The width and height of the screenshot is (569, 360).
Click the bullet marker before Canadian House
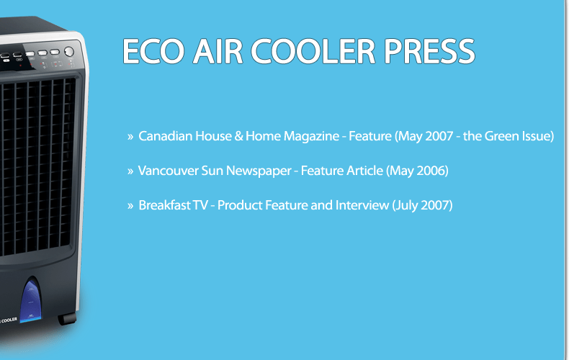point(130,136)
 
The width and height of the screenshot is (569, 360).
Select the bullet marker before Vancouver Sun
point(130,171)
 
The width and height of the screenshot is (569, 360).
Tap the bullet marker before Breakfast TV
point(130,206)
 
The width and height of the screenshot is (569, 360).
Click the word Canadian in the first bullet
point(163,136)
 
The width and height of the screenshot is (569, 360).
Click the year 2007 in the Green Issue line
point(437,136)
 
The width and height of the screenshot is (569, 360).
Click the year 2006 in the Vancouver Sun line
point(430,171)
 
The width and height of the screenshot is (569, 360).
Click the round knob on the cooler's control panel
point(69,52)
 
